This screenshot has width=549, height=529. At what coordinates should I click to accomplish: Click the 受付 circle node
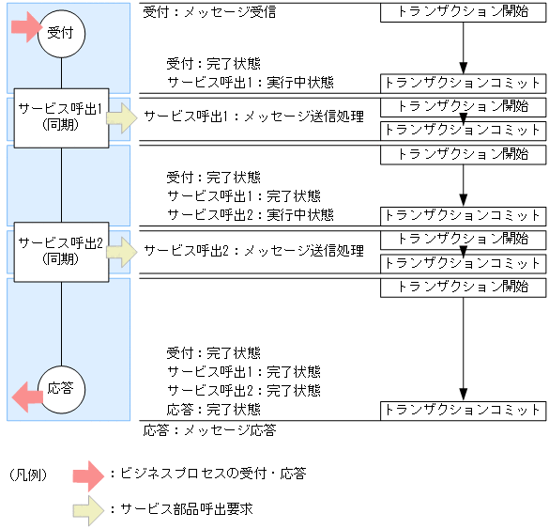(x=62, y=34)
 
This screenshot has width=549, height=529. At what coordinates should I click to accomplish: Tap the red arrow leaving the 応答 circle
(x=26, y=397)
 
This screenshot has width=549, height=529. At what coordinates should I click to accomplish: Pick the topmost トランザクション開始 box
(x=463, y=13)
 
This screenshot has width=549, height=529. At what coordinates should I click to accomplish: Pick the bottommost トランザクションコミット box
(x=463, y=410)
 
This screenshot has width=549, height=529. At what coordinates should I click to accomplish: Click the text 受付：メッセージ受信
(x=209, y=14)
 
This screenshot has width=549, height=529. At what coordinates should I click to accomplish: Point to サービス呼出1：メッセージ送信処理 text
(x=253, y=118)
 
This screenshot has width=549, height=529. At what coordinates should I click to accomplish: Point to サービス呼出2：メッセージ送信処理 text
(x=253, y=252)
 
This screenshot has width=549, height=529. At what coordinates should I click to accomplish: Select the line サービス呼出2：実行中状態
(x=250, y=215)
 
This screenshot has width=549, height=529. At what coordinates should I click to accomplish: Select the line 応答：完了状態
(x=213, y=410)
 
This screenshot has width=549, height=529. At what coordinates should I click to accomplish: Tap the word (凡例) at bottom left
(x=29, y=475)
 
